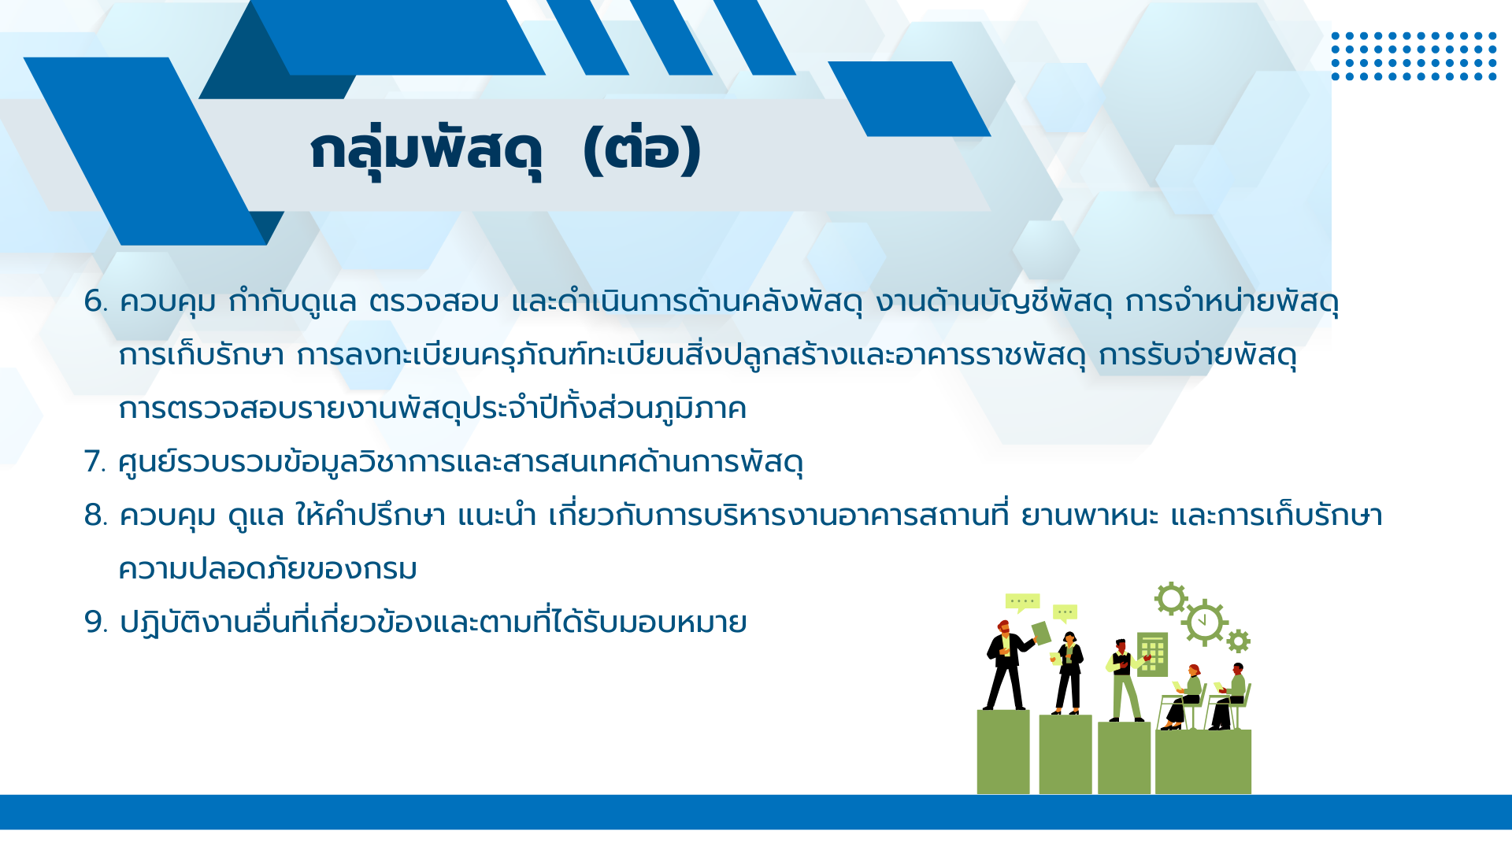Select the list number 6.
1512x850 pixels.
coord(96,301)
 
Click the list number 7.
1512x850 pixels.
coord(94,462)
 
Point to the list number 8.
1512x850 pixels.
coord(96,516)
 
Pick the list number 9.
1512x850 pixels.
coord(96,623)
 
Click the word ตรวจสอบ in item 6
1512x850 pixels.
coord(434,301)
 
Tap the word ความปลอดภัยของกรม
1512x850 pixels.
coord(268,568)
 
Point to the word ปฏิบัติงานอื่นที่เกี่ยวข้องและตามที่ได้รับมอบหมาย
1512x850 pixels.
coord(433,622)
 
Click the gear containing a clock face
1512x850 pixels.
coord(1203,623)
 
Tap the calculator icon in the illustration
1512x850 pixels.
coord(1152,654)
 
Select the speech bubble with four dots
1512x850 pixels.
coord(1022,603)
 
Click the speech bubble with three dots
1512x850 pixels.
coord(1065,613)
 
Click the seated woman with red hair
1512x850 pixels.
coord(1185,697)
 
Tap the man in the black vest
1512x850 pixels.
coord(1125,680)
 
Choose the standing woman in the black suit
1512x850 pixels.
coord(1069,674)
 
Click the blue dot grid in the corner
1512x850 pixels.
coord(1414,56)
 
